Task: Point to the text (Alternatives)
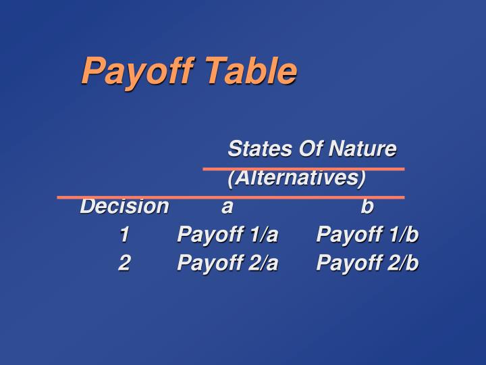[x=296, y=178]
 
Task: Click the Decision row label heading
[x=124, y=206]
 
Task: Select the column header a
[x=227, y=207]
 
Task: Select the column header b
[x=367, y=206]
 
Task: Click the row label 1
[x=124, y=235]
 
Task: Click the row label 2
[x=124, y=263]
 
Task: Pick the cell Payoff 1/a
[x=227, y=235]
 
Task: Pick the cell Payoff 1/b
[x=367, y=235]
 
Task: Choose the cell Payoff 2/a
[x=227, y=263]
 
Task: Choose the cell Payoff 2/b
[x=367, y=263]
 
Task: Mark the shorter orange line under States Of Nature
[x=304, y=168]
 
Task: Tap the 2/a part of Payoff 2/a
[x=263, y=263]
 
